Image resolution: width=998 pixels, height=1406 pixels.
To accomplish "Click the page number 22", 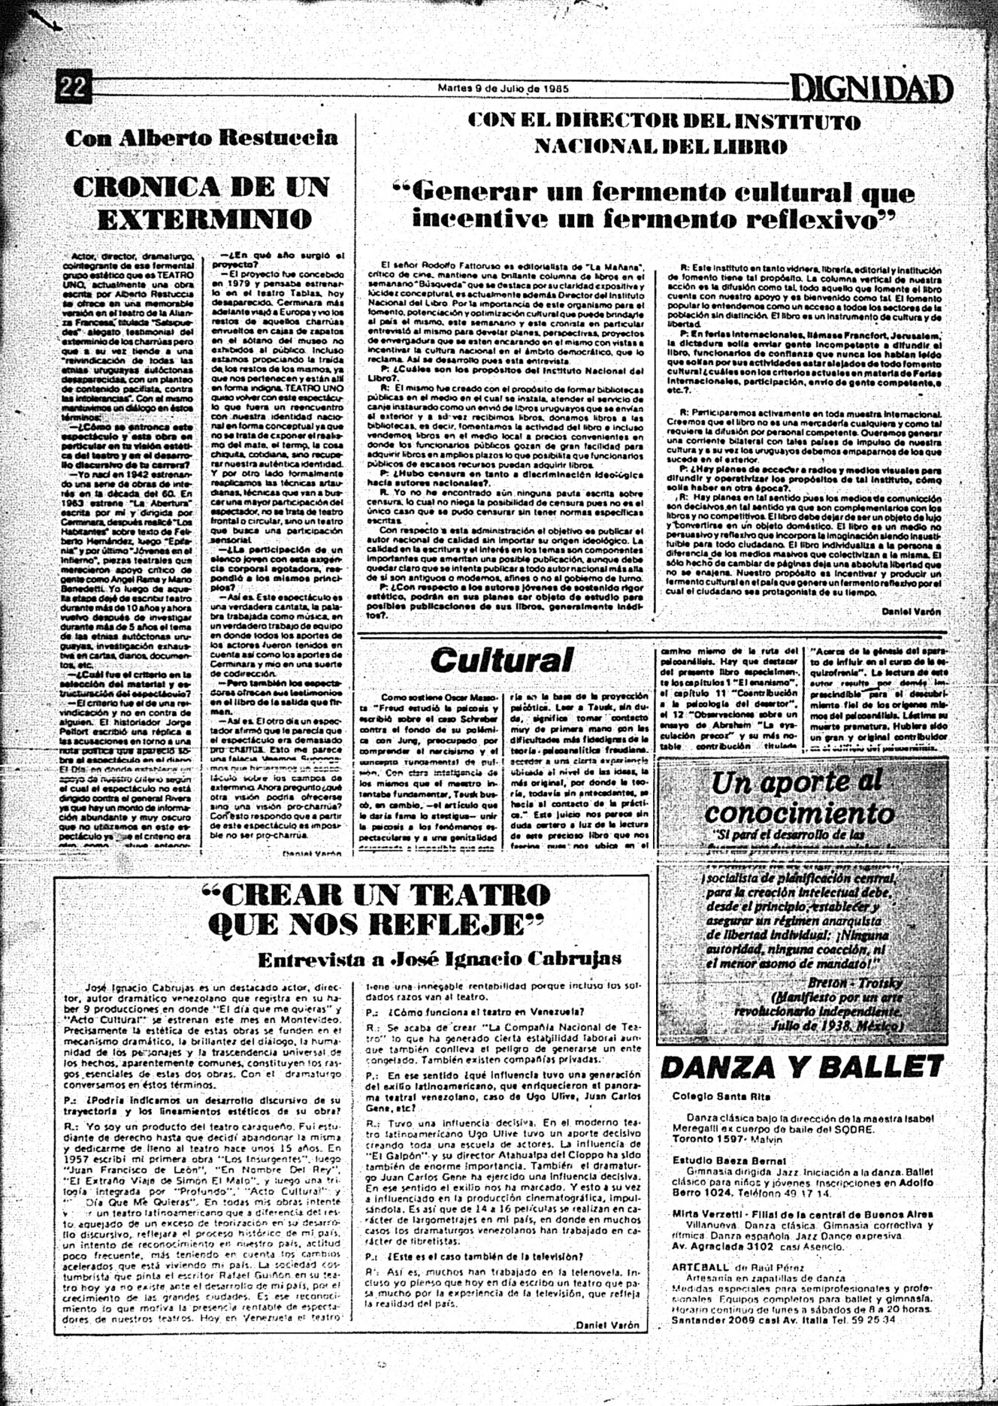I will (x=73, y=88).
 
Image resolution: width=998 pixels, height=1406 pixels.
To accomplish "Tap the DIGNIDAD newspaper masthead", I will (x=872, y=90).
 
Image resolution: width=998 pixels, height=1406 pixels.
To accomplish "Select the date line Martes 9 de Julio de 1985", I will (x=503, y=87).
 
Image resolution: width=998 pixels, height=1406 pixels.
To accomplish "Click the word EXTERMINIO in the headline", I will (x=204, y=219).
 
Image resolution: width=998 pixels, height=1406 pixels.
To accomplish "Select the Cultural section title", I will (x=501, y=660).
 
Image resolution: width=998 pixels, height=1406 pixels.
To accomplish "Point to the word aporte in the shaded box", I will (x=805, y=782).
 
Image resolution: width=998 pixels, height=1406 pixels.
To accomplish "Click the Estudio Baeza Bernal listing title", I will (x=718, y=1160).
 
